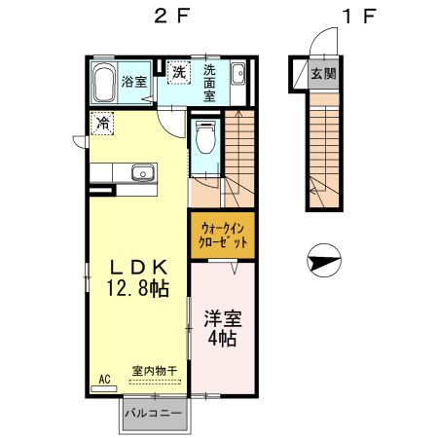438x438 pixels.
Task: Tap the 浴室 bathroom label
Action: tap(134, 82)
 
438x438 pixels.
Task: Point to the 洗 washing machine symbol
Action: tap(178, 72)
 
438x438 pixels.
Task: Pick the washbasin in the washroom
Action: tap(239, 74)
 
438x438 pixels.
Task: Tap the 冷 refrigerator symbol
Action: tap(102, 124)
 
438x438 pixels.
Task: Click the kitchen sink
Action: tap(142, 173)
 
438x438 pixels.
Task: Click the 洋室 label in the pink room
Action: tap(223, 319)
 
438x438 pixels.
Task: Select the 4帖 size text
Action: tap(223, 340)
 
